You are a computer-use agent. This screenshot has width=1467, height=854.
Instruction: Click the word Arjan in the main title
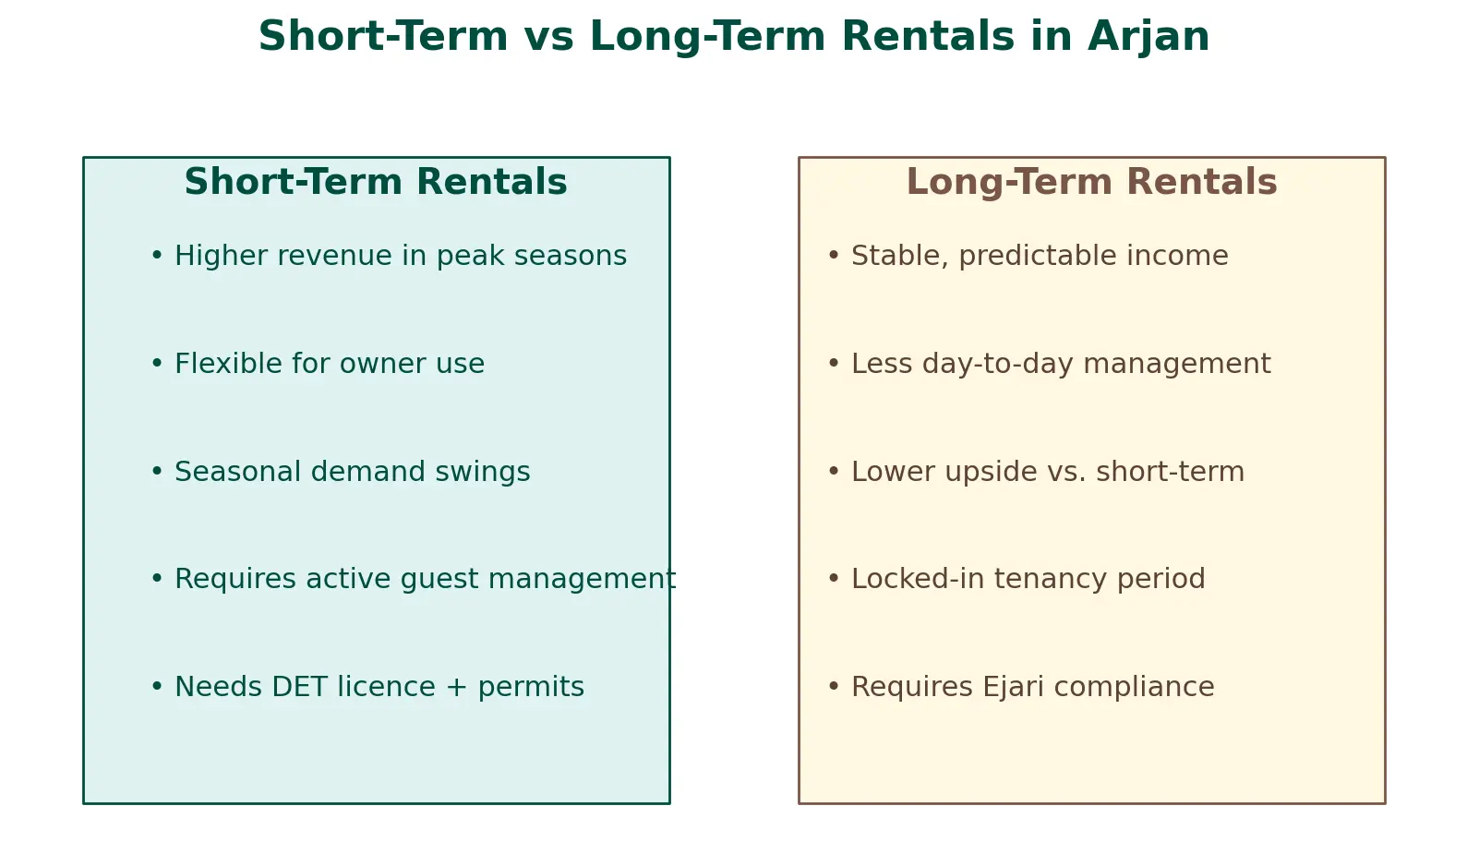coord(1148,37)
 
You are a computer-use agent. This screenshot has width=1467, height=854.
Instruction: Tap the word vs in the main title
coord(548,36)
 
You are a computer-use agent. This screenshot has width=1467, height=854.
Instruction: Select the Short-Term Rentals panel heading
coord(375,181)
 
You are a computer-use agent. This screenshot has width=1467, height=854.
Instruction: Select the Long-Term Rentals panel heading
coord(1092,183)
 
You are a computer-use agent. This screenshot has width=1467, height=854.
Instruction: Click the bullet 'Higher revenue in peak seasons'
coord(389,256)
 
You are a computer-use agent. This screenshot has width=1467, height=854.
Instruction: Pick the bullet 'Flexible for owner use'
coord(318,363)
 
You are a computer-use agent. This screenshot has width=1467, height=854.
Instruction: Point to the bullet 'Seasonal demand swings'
coord(341,472)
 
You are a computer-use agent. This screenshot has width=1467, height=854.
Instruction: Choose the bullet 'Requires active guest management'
coord(414,579)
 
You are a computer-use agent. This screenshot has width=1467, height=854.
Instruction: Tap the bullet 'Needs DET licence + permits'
coord(367,687)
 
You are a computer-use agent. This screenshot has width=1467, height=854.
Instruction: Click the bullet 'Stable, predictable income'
coord(1028,256)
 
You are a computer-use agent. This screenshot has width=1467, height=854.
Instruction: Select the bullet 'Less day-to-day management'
coord(1049,364)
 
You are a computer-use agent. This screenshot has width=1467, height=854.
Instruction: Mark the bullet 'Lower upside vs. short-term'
coord(1036,472)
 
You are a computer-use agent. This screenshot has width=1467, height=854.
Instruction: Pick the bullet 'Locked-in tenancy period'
coord(1016,579)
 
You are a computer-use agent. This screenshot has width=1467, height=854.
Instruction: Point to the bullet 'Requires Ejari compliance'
coord(1021,687)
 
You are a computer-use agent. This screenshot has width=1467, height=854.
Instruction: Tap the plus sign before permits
coord(456,687)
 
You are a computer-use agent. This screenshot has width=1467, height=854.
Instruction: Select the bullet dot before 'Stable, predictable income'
coord(834,254)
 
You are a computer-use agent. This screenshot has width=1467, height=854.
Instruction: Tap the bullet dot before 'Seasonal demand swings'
coord(157,470)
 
